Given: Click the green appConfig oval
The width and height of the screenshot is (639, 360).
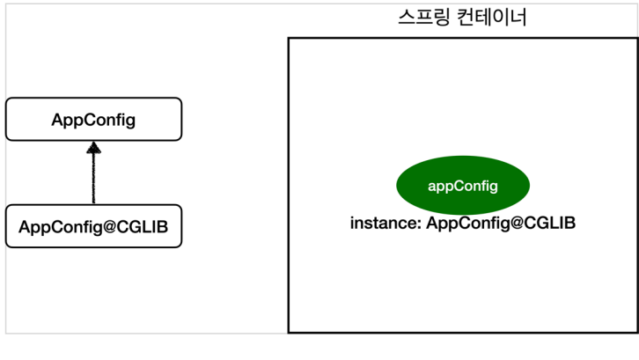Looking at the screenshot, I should pyautogui.click(x=463, y=186).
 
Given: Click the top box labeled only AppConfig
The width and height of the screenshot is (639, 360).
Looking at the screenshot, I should pyautogui.click(x=93, y=119).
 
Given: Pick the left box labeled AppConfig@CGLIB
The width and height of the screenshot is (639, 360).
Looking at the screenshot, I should pyautogui.click(x=93, y=226).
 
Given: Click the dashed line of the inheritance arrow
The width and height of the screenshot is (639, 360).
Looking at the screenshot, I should pyautogui.click(x=93, y=180).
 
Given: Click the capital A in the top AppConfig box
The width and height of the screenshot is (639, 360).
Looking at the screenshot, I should pyautogui.click(x=57, y=120).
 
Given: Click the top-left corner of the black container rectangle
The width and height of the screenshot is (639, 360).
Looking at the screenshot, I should pyautogui.click(x=289, y=38).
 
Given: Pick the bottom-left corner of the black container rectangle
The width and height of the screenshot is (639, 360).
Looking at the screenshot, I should pyautogui.click(x=289, y=332).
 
